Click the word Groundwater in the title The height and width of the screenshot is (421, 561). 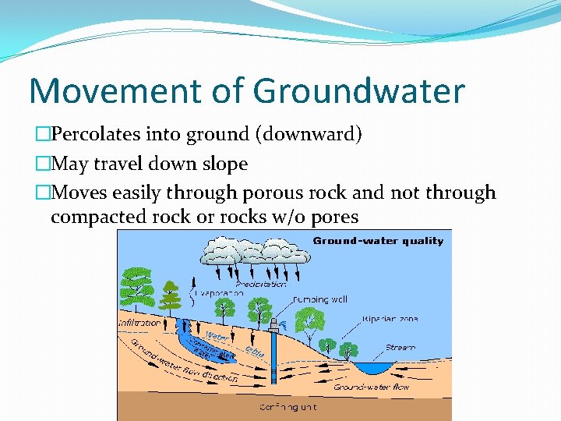pos(358,91)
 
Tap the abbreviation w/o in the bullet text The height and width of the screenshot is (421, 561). pos(289,216)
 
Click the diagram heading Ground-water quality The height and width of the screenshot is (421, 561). pos(378,241)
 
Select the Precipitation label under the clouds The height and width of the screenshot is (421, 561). pos(261,285)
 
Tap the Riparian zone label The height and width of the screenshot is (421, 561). pos(389,319)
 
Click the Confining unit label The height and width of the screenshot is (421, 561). pos(288,407)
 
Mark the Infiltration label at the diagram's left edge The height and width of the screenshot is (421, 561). pos(139,323)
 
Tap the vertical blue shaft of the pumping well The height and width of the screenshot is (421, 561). pos(273,359)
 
